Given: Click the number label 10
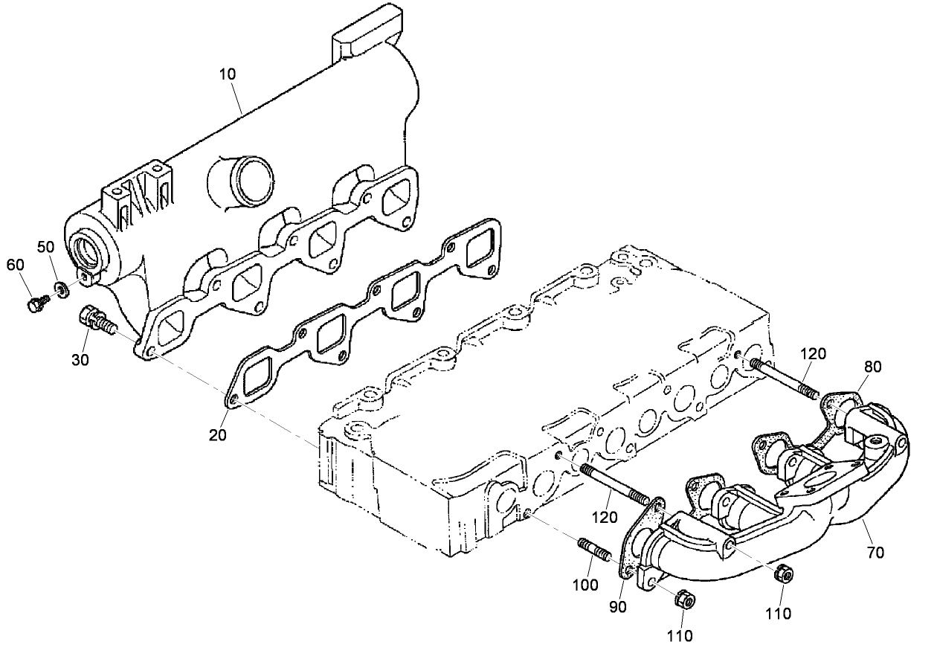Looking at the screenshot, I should (227, 74).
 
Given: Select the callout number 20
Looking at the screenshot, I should (217, 435).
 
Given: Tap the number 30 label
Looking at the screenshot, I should (80, 359).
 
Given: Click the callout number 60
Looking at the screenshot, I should (16, 265).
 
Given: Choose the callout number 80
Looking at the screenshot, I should (873, 366).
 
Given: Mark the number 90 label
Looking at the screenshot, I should (617, 606).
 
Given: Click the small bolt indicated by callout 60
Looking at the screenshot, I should (35, 304).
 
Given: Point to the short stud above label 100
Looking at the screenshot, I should (593, 550).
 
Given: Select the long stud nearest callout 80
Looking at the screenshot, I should (785, 379).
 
